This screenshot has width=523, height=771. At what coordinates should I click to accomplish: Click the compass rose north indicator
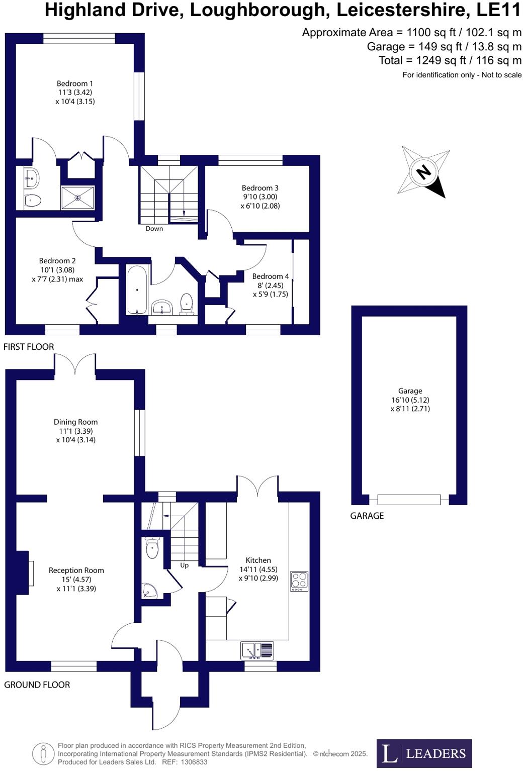(x=423, y=172)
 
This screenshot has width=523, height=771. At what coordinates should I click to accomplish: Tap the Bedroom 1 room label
(x=74, y=84)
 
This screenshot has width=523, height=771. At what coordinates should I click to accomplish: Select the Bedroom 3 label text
(x=260, y=188)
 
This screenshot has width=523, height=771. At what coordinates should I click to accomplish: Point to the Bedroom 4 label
(x=271, y=276)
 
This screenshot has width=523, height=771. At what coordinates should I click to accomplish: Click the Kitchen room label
(x=258, y=560)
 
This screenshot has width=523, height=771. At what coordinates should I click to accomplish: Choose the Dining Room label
(x=76, y=422)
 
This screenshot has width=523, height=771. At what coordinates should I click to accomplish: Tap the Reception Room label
(x=76, y=570)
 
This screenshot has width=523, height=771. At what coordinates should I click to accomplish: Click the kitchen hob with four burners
(x=299, y=581)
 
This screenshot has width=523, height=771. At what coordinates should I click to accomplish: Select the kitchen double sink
(x=257, y=650)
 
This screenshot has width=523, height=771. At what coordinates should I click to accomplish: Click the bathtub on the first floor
(x=137, y=290)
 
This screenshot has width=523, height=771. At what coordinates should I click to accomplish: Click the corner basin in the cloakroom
(x=149, y=591)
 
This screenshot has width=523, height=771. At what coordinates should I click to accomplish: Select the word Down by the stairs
(x=154, y=229)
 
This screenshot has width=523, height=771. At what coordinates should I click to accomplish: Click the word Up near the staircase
(x=185, y=565)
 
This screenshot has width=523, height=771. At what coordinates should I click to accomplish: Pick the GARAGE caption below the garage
(x=367, y=516)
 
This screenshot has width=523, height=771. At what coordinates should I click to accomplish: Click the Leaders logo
(x=424, y=753)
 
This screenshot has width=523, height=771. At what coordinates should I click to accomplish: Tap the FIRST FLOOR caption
(x=29, y=347)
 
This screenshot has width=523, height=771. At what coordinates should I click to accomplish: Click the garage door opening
(x=409, y=500)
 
